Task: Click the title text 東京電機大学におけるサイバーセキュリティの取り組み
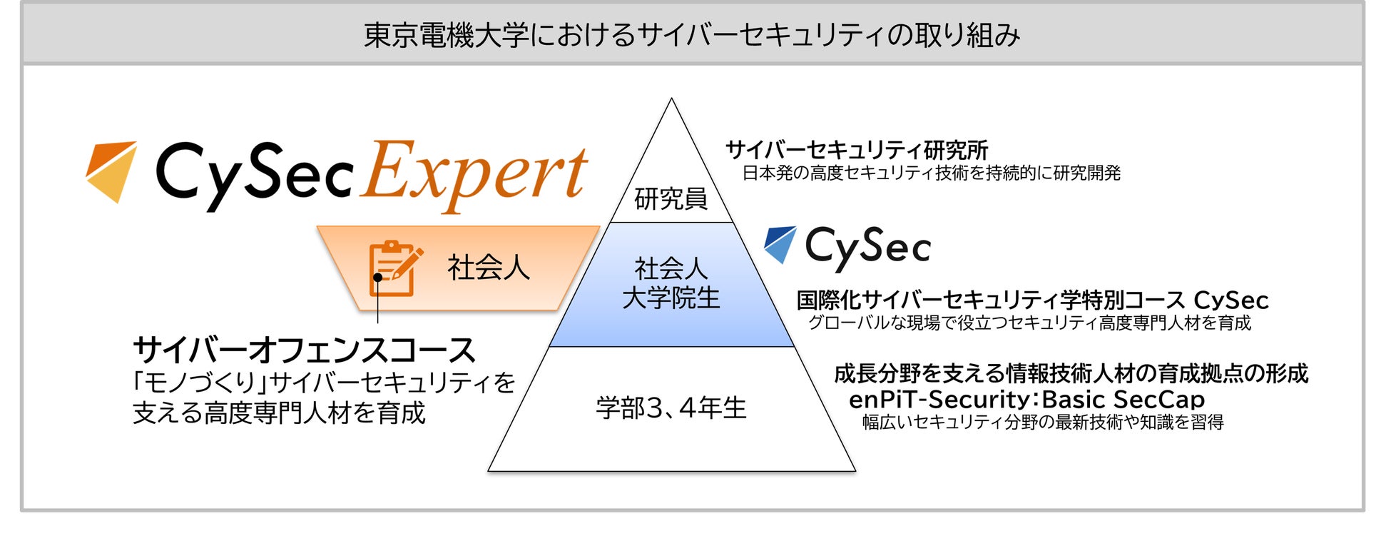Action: (x=692, y=34)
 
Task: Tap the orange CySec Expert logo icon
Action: (x=111, y=171)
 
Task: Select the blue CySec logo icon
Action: (x=780, y=245)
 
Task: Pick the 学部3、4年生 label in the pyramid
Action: (x=671, y=408)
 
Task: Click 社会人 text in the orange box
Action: (x=489, y=268)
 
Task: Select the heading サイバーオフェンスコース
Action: (x=304, y=350)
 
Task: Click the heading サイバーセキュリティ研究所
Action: (x=857, y=150)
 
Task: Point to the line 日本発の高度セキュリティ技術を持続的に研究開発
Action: (x=932, y=173)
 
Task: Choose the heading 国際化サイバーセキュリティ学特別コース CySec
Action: (x=1032, y=300)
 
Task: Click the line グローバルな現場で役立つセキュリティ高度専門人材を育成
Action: (x=1029, y=323)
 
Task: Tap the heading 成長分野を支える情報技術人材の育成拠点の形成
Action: (x=1071, y=373)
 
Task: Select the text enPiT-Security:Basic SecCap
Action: (x=1026, y=399)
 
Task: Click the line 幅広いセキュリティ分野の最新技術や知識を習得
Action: (x=1043, y=423)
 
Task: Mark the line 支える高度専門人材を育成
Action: (x=279, y=413)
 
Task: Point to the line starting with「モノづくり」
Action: (x=324, y=383)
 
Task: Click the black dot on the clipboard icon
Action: (x=377, y=277)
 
